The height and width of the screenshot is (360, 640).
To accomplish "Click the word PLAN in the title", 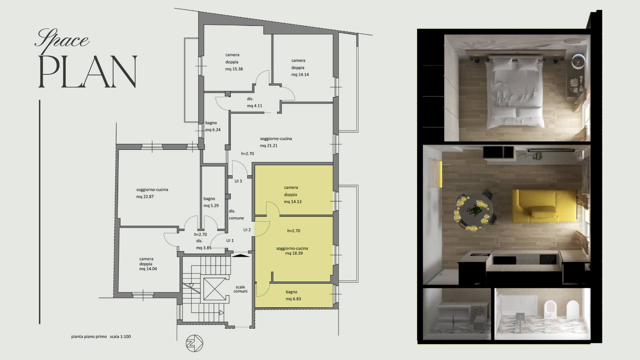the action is [x=88, y=72].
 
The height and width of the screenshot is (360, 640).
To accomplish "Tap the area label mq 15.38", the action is [x=234, y=69].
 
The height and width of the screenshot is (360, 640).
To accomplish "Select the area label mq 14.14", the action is [x=300, y=75].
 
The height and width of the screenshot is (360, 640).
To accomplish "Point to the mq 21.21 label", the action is [x=269, y=146].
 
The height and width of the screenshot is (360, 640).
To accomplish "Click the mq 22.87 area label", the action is [x=145, y=197].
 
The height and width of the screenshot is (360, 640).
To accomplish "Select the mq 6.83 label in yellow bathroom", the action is [x=293, y=299].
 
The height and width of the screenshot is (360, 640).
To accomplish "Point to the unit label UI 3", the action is [x=238, y=181].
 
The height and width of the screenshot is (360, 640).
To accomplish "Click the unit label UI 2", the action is [x=247, y=230].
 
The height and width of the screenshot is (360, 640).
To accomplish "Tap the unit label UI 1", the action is [x=230, y=241].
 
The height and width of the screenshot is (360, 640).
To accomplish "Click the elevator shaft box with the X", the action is [x=215, y=286].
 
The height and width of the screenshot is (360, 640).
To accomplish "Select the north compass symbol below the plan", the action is [x=194, y=343].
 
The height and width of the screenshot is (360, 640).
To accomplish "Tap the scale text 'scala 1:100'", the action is [x=120, y=337].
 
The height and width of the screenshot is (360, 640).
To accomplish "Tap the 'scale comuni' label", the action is [x=240, y=289].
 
